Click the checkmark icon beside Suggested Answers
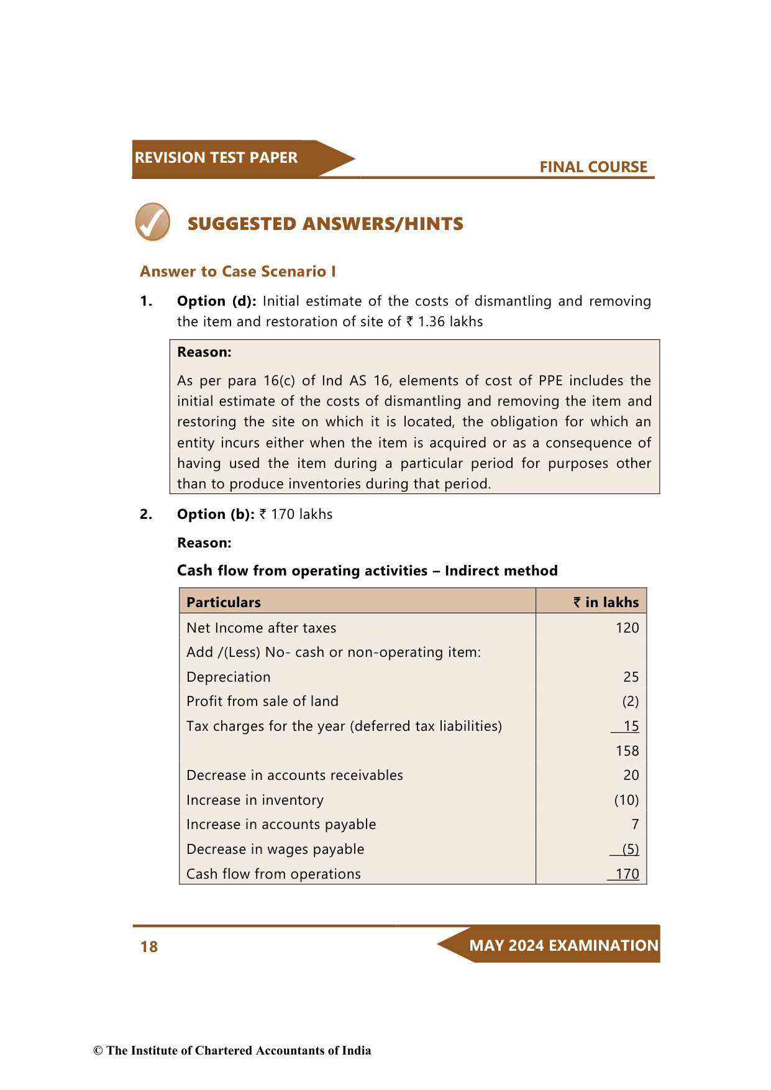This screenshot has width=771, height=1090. pyautogui.click(x=153, y=222)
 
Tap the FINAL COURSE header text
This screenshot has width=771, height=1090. pyautogui.click(x=593, y=167)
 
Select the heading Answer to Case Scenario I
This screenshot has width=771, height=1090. pyautogui.click(x=238, y=272)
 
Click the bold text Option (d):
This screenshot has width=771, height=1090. pyautogui.click(x=216, y=301)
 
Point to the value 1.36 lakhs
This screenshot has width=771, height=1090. pyautogui.click(x=450, y=322)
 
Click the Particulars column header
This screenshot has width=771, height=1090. pyautogui.click(x=224, y=602)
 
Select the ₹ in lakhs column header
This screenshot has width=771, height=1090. pyautogui.click(x=606, y=602)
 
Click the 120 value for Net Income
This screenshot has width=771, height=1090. pyautogui.click(x=627, y=628)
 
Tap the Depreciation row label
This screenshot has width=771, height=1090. pyautogui.click(x=229, y=677)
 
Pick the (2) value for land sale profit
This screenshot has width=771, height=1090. pyautogui.click(x=631, y=702)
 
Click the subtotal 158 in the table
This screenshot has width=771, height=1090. pyautogui.click(x=627, y=751)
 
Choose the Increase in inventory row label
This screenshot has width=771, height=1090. pyautogui.click(x=255, y=800)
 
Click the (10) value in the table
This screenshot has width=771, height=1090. pyautogui.click(x=626, y=800)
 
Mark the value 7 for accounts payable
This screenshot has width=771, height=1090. pyautogui.click(x=635, y=825)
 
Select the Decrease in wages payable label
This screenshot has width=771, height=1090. pyautogui.click(x=275, y=849)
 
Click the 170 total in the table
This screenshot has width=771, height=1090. pyautogui.click(x=627, y=874)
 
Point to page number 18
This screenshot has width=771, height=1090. pyautogui.click(x=149, y=946)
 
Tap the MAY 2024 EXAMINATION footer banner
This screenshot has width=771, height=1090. pyautogui.click(x=563, y=946)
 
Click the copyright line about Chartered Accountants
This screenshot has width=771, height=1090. pyautogui.click(x=232, y=1050)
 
